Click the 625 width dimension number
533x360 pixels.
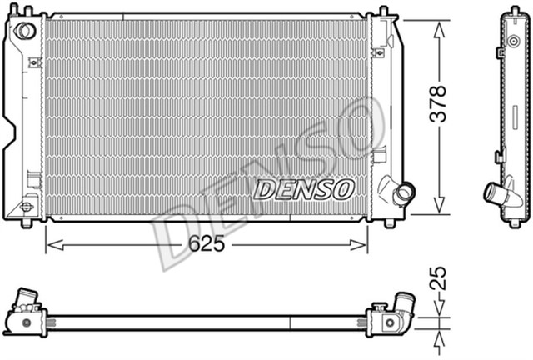click(206, 245)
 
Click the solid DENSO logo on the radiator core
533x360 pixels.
click(304, 189)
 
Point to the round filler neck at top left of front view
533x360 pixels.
click(26, 31)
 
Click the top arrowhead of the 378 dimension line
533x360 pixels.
click(440, 20)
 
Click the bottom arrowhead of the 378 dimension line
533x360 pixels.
click(440, 214)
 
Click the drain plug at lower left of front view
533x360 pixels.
click(27, 204)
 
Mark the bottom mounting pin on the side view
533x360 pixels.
click(511, 224)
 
